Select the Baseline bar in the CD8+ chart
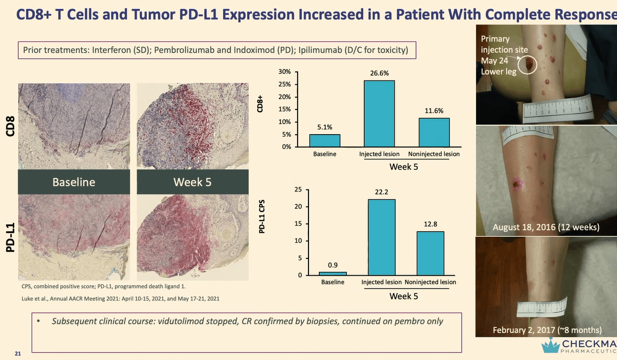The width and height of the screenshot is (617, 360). pos(325,141)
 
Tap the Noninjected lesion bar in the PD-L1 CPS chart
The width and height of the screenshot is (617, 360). pos(430,253)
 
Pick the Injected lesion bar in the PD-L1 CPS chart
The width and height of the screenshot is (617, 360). pos(381,237)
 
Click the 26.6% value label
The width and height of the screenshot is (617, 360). pos(379,73)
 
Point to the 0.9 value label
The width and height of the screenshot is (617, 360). pos(333,265)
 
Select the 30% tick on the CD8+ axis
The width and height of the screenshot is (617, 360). pos(285,72)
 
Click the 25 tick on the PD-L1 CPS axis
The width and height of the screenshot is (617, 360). pos(298,189)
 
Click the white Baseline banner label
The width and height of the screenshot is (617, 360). pos(74,182)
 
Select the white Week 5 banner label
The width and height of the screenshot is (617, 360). pos(192,182)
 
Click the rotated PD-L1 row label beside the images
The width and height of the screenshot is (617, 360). pos(10,238)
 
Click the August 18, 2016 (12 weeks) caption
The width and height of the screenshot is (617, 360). pos(546,227)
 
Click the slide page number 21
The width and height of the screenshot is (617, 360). pos(18,353)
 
